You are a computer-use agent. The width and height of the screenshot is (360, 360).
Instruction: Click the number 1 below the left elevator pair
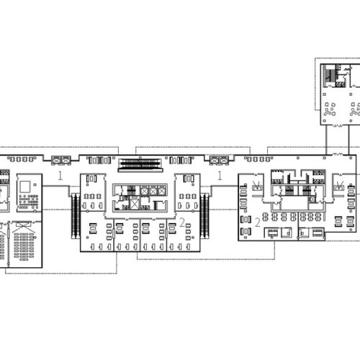[x=60, y=176]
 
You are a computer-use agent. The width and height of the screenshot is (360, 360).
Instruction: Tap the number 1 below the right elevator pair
[x=220, y=176]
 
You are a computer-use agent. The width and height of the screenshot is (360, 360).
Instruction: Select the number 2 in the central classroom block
[x=182, y=222]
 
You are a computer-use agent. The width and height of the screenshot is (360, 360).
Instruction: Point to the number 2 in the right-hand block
[x=258, y=222]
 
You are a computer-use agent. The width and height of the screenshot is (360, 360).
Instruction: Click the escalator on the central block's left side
[x=76, y=216]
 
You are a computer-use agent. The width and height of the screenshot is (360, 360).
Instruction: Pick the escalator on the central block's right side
[x=204, y=216]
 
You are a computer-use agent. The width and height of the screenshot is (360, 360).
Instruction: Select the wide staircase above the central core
[x=140, y=163]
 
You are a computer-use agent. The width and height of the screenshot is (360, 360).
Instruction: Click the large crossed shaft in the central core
[x=134, y=204]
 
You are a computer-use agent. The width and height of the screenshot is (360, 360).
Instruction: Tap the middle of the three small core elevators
[x=153, y=192]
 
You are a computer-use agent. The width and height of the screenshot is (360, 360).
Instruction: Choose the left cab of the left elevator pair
[x=56, y=160]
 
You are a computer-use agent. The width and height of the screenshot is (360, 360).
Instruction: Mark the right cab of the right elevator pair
[x=224, y=160]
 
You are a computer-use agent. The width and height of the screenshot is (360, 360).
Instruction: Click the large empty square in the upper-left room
[x=25, y=186]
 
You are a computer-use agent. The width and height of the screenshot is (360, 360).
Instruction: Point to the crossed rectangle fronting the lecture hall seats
[x=24, y=224]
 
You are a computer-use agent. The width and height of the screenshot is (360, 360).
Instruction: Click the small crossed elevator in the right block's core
[x=312, y=199]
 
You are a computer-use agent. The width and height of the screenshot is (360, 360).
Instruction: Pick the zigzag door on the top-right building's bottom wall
[x=338, y=125]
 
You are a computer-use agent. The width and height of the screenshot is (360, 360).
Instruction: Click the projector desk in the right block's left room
[x=257, y=186]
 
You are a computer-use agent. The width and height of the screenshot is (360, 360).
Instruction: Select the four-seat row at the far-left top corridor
[x=22, y=159]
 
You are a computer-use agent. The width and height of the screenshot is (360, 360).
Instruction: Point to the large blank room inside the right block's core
[x=295, y=202]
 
